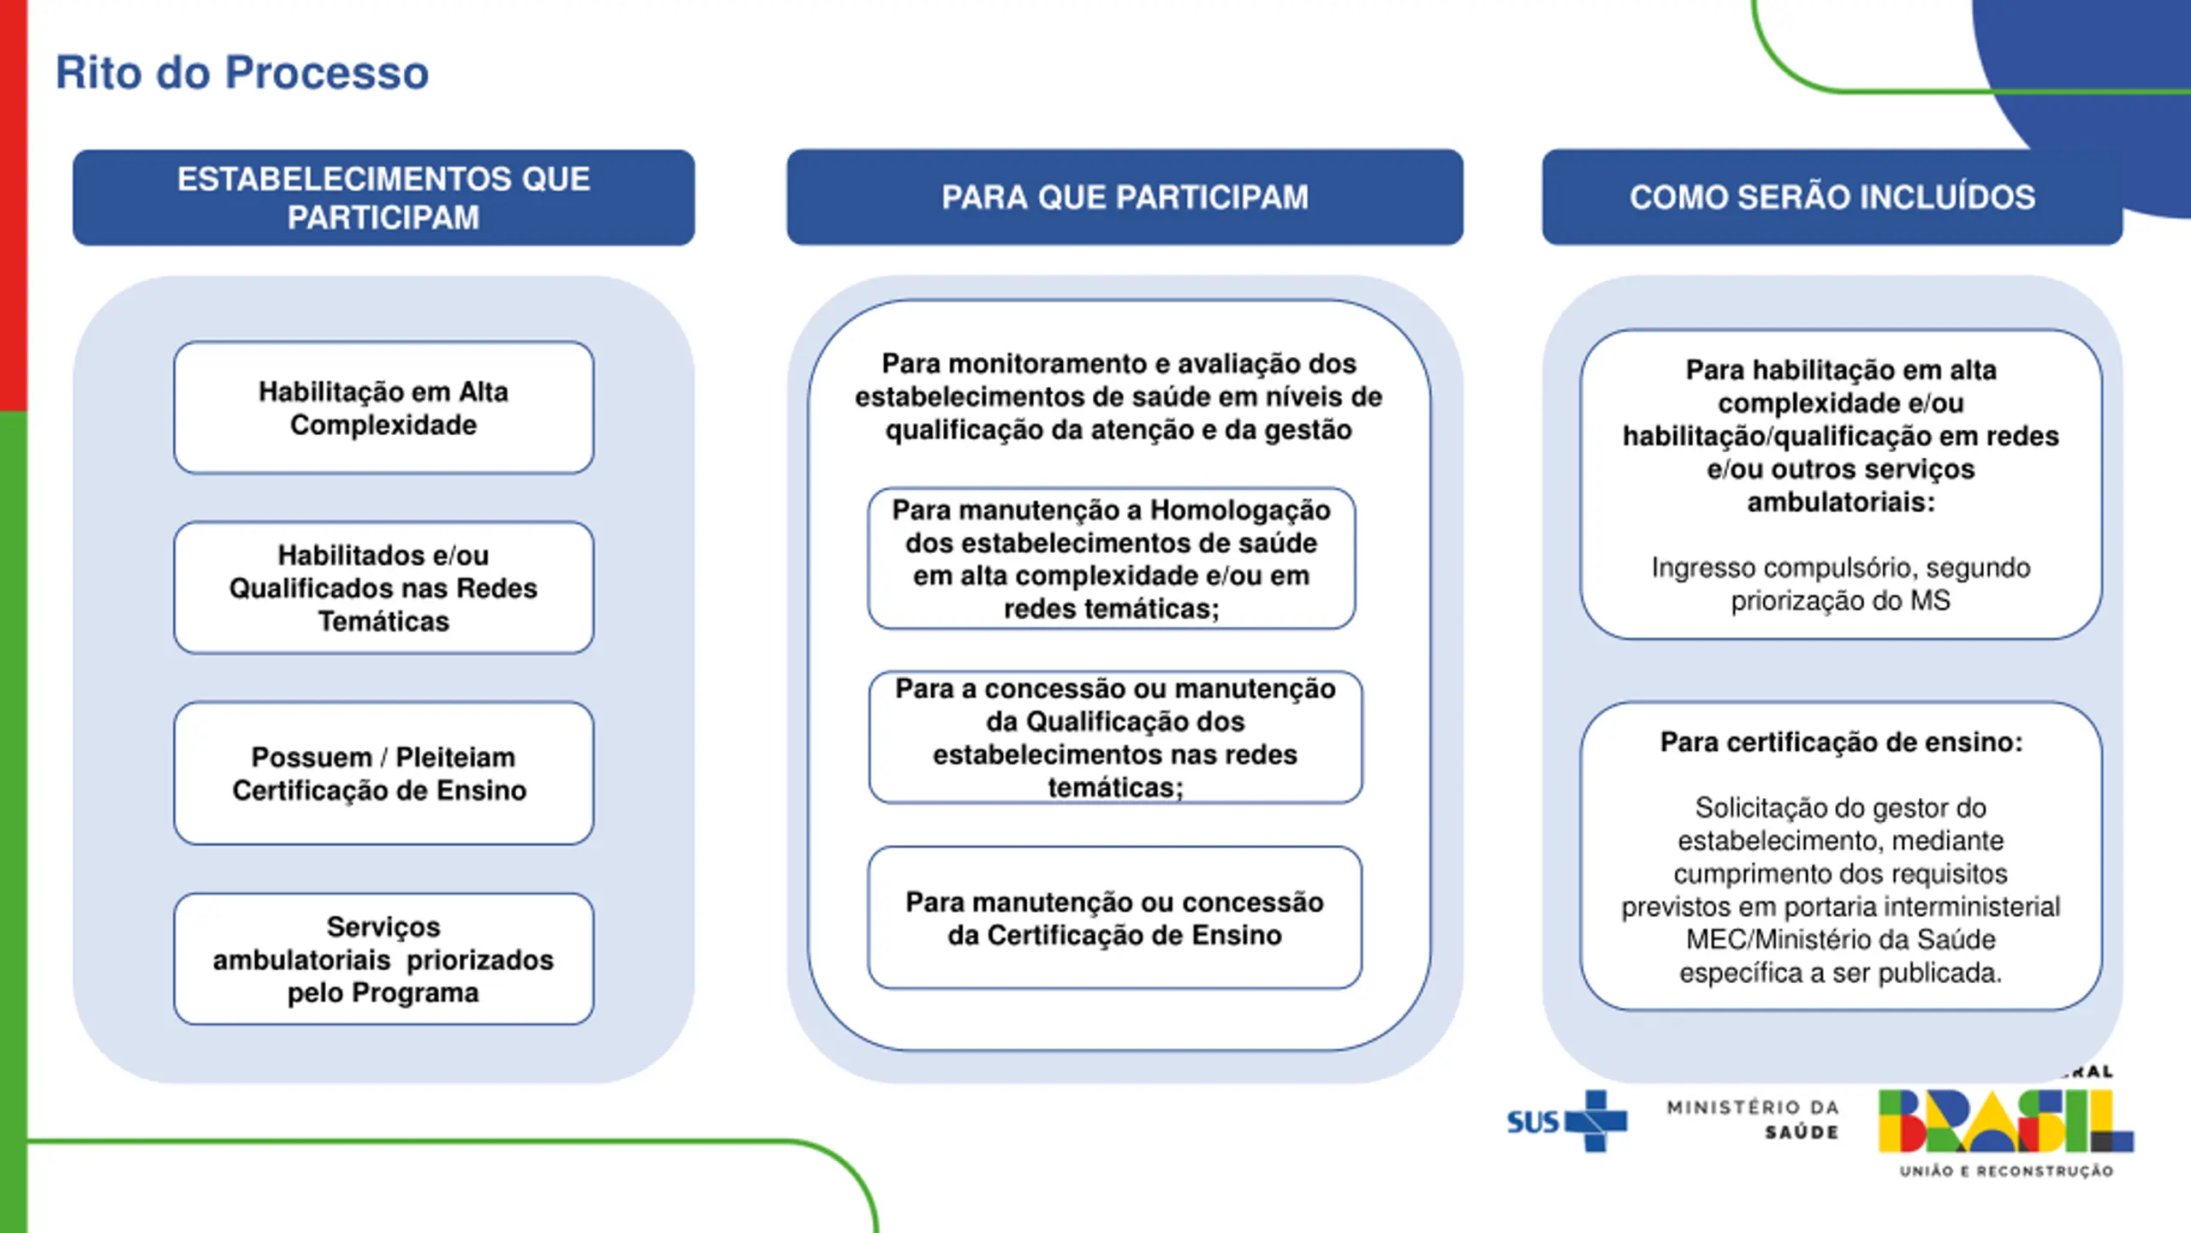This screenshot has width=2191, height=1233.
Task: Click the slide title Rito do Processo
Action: point(242,73)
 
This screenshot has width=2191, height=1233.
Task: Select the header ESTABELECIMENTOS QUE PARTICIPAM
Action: point(383,198)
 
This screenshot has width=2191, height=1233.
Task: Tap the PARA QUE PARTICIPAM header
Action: point(1125,198)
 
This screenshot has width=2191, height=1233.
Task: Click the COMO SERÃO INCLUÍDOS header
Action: point(1832,198)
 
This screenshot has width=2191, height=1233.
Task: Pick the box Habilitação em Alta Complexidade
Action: point(383,408)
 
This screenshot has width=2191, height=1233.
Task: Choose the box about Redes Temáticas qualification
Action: point(383,587)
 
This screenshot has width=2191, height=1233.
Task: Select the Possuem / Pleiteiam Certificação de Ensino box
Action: point(383,773)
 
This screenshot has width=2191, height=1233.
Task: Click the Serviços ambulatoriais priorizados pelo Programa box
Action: point(383,959)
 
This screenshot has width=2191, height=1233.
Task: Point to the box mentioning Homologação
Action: point(1112,558)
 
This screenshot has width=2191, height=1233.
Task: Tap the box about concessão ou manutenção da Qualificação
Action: point(1115,737)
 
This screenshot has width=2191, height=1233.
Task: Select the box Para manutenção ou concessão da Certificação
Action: point(1114,918)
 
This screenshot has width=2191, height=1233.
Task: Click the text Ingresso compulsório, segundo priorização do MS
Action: point(1841,584)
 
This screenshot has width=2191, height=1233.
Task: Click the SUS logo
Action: point(1567,1121)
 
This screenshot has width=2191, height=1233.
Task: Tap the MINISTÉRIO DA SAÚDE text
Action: point(1753,1120)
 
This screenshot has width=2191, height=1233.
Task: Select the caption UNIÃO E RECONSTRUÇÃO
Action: point(2006,1171)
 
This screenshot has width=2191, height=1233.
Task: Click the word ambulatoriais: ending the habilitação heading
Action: point(1841,502)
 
